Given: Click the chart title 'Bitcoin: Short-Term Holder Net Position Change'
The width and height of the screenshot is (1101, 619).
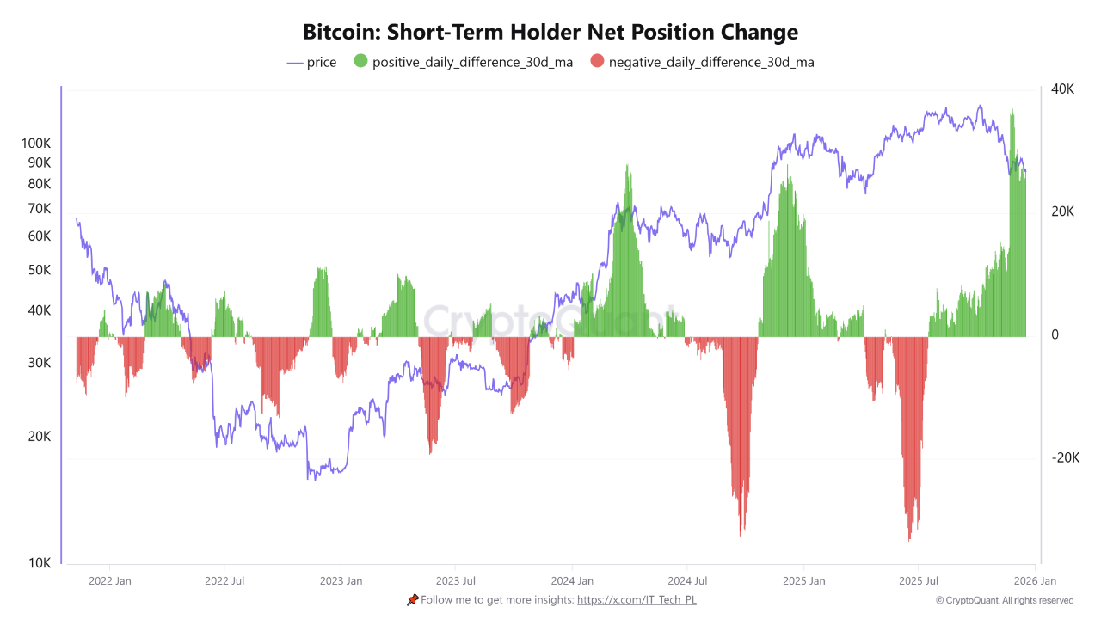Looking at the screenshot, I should [x=550, y=33].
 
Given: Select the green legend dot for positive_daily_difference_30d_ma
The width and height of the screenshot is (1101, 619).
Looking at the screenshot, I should [x=360, y=62].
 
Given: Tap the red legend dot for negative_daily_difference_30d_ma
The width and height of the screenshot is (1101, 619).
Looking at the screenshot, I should [x=597, y=62].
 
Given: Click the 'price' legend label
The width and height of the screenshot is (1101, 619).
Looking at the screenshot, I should [x=322, y=62].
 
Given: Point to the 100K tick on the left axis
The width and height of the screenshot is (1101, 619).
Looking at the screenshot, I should [x=36, y=144].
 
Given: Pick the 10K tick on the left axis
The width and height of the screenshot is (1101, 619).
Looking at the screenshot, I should [x=40, y=563].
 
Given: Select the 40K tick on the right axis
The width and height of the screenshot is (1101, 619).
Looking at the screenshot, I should [x=1062, y=89].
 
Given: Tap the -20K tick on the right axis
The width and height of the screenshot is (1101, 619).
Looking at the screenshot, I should [x=1064, y=458].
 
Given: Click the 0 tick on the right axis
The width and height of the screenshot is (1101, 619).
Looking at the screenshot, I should [x=1055, y=335].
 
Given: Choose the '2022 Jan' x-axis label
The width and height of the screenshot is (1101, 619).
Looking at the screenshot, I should [x=110, y=581].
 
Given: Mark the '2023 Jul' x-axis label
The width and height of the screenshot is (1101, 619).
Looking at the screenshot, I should [x=456, y=581].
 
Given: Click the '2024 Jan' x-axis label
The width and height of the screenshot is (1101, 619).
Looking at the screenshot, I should [x=572, y=581].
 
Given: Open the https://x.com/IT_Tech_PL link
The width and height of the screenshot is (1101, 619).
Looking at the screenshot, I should [x=637, y=599].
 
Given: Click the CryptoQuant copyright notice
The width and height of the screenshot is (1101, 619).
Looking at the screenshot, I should [x=1004, y=600].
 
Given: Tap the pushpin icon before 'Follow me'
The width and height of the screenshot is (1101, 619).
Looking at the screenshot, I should [x=413, y=599].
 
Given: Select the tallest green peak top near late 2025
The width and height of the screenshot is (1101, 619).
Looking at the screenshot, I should [x=1012, y=111].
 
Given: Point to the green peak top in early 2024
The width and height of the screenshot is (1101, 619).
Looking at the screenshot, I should [x=627, y=166].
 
